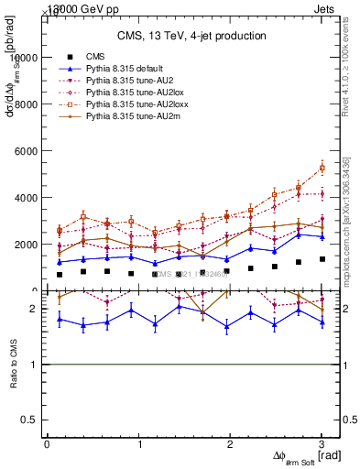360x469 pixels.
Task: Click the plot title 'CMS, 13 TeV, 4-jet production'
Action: [x=191, y=36]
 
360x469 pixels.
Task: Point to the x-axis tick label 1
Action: [x=138, y=444]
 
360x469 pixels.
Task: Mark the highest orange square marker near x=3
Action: [x=322, y=168]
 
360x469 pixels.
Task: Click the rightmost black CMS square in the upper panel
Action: [x=322, y=259]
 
